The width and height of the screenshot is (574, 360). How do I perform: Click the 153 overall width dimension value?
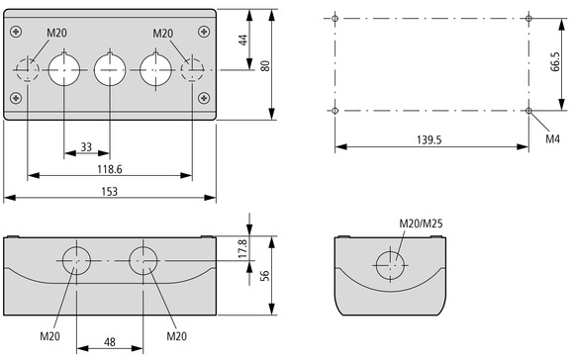tap(110, 191)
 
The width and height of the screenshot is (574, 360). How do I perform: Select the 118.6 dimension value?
tap(110, 169)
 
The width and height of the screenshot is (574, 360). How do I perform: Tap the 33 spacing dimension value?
tap(86, 147)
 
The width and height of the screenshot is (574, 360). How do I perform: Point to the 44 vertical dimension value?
tap(243, 40)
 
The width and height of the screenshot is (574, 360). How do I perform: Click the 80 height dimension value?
tap(265, 66)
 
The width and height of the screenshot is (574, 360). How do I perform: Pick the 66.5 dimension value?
tap(555, 61)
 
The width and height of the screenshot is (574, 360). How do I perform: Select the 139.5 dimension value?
tap(430, 140)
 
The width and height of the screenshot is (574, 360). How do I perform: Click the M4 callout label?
tap(553, 138)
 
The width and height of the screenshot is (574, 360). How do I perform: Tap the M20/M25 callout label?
tap(421, 224)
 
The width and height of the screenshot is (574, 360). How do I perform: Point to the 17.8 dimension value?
tap(243, 248)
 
